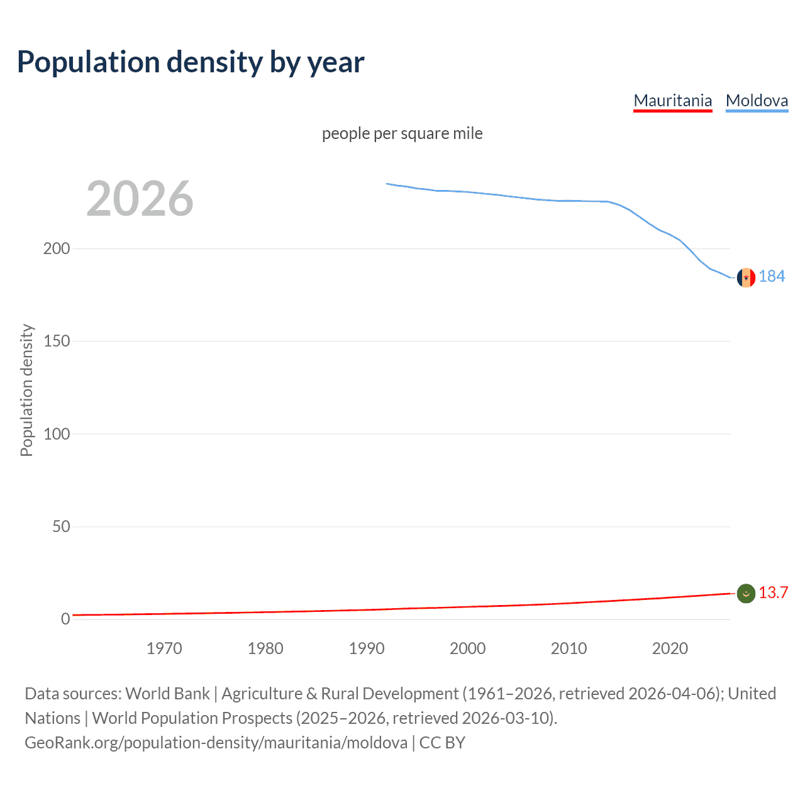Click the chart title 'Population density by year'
pyautogui.click(x=191, y=62)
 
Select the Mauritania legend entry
pyautogui.click(x=672, y=101)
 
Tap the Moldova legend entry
pyautogui.click(x=757, y=101)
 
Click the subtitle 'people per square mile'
pyautogui.click(x=402, y=134)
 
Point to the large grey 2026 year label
pyautogui.click(x=140, y=199)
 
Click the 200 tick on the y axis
pyautogui.click(x=57, y=248)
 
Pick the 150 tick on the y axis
pyautogui.click(x=57, y=341)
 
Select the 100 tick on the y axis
pyautogui.click(x=57, y=434)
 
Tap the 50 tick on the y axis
pyautogui.click(x=61, y=526)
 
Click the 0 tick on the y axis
pyautogui.click(x=65, y=619)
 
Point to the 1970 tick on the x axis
pyautogui.click(x=164, y=648)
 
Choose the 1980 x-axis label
pyautogui.click(x=265, y=648)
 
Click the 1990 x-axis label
pyautogui.click(x=367, y=648)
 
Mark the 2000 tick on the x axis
pyautogui.click(x=467, y=648)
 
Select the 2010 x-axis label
pyautogui.click(x=569, y=648)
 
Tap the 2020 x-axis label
pyautogui.click(x=670, y=648)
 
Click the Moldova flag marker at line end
pyautogui.click(x=746, y=277)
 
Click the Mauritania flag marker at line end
pyautogui.click(x=746, y=593)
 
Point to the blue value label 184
pyautogui.click(x=772, y=277)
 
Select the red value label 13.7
pyautogui.click(x=773, y=593)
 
